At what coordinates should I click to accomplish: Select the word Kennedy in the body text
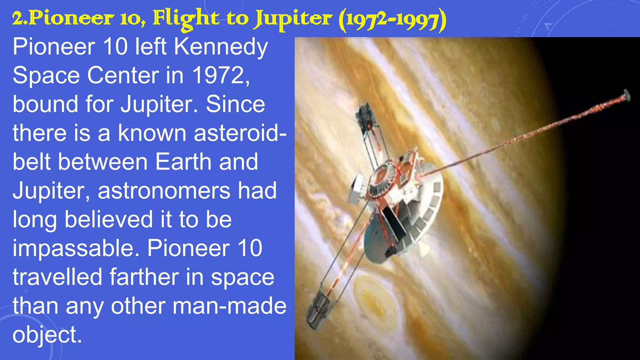click(x=221, y=47)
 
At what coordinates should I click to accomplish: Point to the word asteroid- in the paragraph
click(x=240, y=133)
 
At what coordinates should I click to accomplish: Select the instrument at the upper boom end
click(x=366, y=117)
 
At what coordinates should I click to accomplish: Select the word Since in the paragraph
click(x=235, y=104)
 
